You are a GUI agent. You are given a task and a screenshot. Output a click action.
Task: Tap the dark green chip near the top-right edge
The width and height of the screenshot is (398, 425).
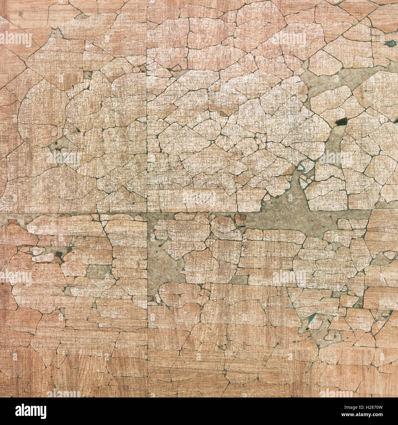(x=390, y=44)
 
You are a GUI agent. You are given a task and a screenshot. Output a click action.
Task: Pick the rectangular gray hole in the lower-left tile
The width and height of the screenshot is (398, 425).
(x=99, y=271)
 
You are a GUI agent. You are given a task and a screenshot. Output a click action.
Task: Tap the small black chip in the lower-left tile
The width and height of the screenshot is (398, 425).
(x=58, y=254)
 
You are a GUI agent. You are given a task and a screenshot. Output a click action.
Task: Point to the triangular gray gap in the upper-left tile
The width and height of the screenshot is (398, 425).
(x=63, y=143)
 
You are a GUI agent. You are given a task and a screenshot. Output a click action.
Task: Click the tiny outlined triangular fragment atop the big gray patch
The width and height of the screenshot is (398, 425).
(x=301, y=167)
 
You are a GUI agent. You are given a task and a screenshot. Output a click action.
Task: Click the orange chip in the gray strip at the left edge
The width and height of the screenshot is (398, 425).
(x=12, y=222)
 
